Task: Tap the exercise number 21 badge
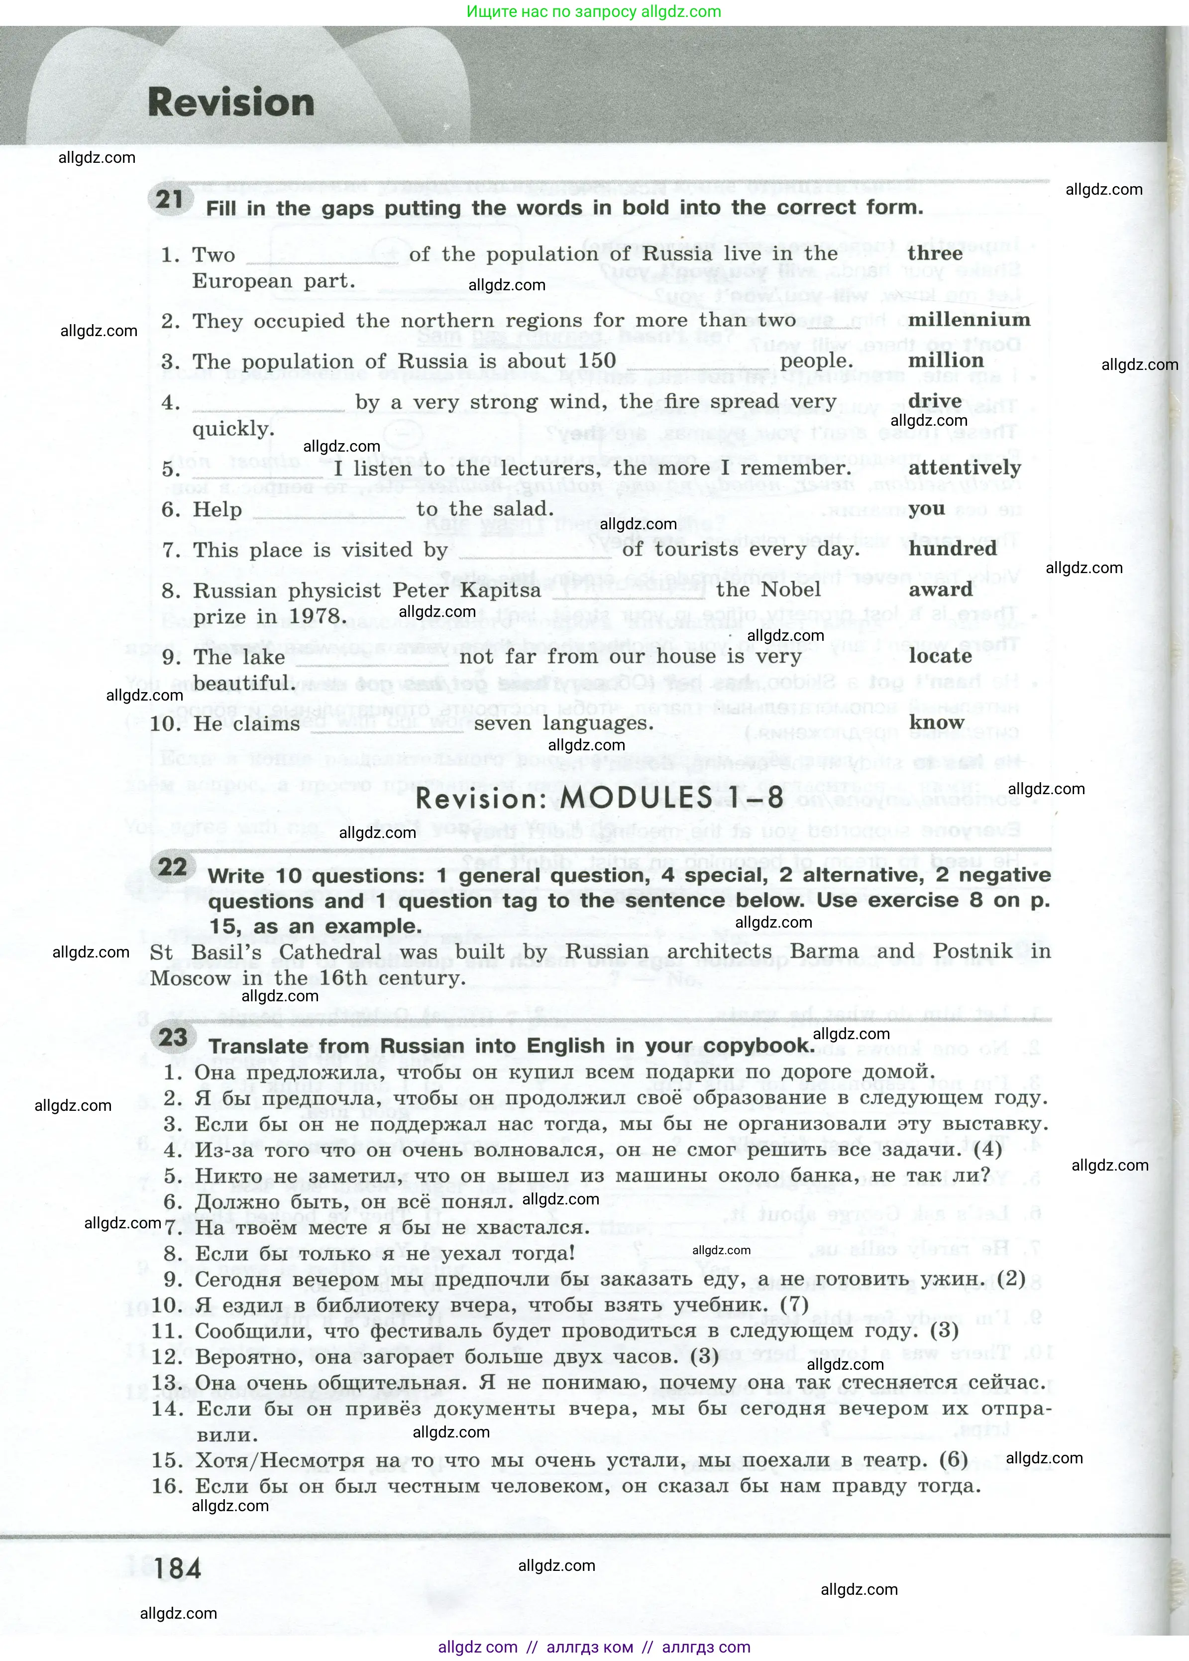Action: click(170, 199)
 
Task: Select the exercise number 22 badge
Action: click(173, 867)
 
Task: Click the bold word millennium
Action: click(969, 320)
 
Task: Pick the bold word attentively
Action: click(964, 468)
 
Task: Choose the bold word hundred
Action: click(953, 549)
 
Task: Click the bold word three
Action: click(935, 253)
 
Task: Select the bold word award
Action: click(940, 590)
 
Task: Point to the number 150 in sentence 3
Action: click(597, 361)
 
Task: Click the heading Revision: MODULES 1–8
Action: click(599, 798)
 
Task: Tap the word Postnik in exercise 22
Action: click(973, 951)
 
